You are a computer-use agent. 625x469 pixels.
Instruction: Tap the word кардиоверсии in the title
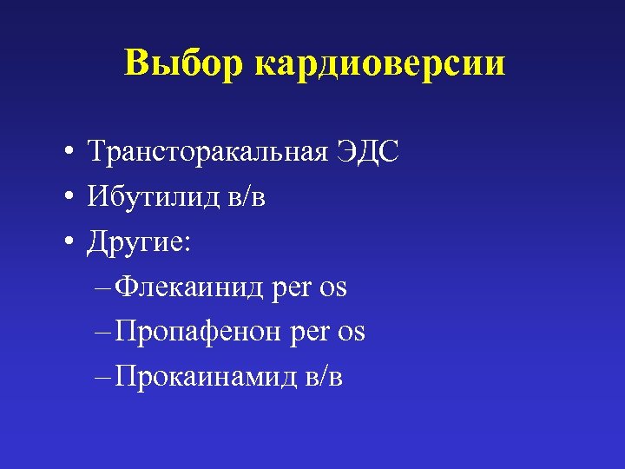[380, 64]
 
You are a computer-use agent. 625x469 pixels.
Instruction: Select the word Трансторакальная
[207, 153]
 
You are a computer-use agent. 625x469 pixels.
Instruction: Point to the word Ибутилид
[149, 197]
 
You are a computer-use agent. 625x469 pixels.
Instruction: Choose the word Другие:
[140, 243]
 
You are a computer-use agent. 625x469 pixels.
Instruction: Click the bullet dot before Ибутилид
[66, 199]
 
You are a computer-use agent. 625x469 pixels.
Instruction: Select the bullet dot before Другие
[66, 244]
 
